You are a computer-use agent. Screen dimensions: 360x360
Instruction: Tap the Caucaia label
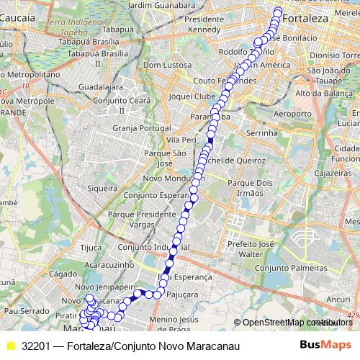click(21, 15)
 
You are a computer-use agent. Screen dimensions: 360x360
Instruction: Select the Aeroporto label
click(293, 114)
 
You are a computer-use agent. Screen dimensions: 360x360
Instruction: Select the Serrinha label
click(262, 133)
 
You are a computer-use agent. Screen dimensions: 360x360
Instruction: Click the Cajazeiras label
click(337, 174)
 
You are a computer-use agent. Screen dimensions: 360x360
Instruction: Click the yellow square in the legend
click(10, 346)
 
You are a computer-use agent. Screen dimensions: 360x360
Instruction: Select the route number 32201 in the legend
click(35, 346)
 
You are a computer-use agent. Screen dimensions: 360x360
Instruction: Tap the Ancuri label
click(338, 298)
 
